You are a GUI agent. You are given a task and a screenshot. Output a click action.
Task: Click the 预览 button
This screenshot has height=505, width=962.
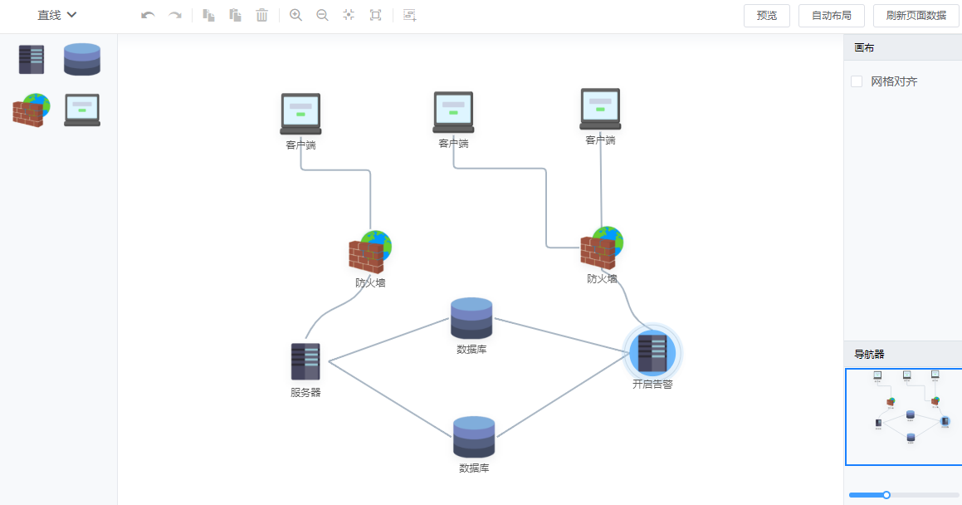pyautogui.click(x=767, y=15)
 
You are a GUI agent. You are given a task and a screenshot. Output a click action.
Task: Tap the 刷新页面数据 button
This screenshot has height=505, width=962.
pyautogui.click(x=916, y=15)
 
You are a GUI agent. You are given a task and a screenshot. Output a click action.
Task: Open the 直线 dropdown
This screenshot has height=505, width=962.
pyautogui.click(x=57, y=15)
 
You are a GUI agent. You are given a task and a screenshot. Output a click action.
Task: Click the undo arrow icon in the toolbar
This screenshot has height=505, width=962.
pyautogui.click(x=148, y=15)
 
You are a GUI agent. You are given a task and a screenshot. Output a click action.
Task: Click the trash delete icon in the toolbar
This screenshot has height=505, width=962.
pyautogui.click(x=261, y=15)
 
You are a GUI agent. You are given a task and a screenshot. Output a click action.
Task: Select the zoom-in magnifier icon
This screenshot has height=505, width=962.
pyautogui.click(x=295, y=15)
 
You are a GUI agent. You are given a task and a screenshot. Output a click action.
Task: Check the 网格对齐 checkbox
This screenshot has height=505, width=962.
pyautogui.click(x=857, y=81)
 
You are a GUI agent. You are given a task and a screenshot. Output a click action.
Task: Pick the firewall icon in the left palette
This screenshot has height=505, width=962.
pyautogui.click(x=32, y=110)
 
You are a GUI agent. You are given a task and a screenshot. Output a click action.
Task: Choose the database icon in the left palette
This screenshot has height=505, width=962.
pyautogui.click(x=82, y=59)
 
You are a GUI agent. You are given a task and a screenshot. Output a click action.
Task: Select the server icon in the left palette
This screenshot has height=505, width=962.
pyautogui.click(x=32, y=59)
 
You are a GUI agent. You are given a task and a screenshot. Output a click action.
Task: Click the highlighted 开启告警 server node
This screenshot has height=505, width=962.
pyautogui.click(x=652, y=352)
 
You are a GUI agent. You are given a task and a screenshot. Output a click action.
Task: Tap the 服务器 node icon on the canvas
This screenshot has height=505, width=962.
pyautogui.click(x=305, y=361)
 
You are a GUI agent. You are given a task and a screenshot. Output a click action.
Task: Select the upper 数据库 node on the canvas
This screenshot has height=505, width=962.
pyautogui.click(x=471, y=318)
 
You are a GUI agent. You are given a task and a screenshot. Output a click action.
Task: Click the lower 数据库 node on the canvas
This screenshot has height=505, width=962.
pyautogui.click(x=474, y=437)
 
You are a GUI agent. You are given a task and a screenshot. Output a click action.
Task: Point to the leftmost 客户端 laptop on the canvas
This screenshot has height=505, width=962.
pyautogui.click(x=300, y=113)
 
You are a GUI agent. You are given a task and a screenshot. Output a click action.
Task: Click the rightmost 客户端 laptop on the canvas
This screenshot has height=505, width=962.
pyautogui.click(x=600, y=109)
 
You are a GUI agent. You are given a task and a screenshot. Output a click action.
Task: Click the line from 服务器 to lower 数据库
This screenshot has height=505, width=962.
pyautogui.click(x=390, y=399)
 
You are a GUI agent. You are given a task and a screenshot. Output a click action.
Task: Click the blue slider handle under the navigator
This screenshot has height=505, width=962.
pyautogui.click(x=886, y=495)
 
